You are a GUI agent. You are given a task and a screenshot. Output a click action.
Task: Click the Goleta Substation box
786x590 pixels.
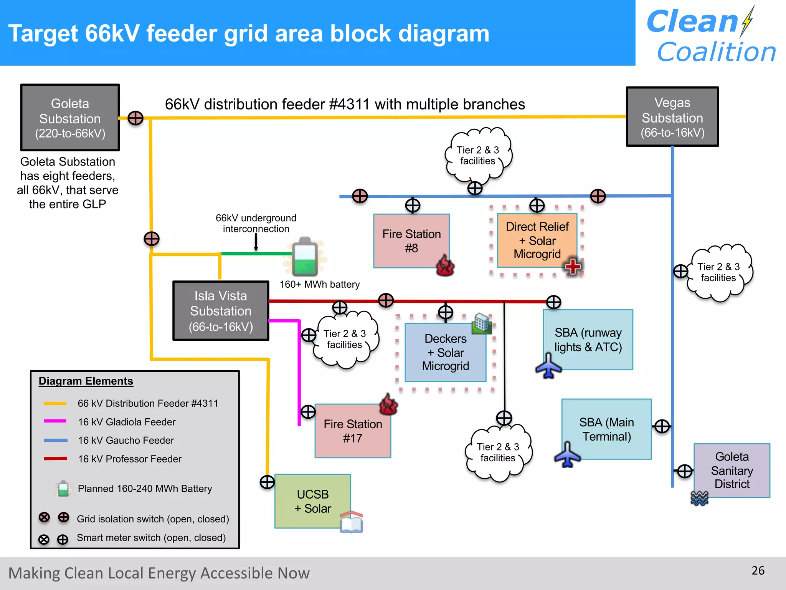pyautogui.click(x=70, y=118)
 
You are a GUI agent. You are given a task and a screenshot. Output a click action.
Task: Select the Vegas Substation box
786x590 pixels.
pyautogui.click(x=672, y=117)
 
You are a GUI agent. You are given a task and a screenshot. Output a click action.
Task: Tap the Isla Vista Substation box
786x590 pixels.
pyautogui.click(x=221, y=311)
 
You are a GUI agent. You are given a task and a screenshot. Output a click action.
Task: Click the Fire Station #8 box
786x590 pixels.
pyautogui.click(x=411, y=240)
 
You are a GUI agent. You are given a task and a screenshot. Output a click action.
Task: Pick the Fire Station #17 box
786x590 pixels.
pyautogui.click(x=352, y=431)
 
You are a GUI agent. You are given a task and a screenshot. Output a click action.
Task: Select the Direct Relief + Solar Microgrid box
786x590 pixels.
pyautogui.click(x=537, y=240)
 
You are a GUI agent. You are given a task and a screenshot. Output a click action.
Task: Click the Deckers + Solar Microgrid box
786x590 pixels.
pyautogui.click(x=445, y=352)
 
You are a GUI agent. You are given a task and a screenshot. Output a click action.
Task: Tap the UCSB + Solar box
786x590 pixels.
pyautogui.click(x=312, y=501)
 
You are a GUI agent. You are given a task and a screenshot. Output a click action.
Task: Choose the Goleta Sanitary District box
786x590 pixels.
pyautogui.click(x=732, y=470)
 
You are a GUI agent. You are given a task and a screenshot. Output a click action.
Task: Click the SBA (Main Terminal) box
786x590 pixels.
pyautogui.click(x=606, y=429)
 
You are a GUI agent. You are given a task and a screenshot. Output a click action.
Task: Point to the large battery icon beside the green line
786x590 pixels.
pyautogui.click(x=305, y=257)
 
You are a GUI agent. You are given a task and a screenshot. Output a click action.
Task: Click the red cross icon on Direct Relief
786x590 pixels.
pyautogui.click(x=573, y=266)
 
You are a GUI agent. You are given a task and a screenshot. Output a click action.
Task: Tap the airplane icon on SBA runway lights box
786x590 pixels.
pyautogui.click(x=548, y=366)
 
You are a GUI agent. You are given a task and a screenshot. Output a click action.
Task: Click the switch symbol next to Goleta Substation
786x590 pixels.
pyautogui.click(x=135, y=118)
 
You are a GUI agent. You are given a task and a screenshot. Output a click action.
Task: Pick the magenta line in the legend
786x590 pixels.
pyautogui.click(x=55, y=421)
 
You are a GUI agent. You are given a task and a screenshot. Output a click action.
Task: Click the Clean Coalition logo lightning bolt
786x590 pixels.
pyautogui.click(x=747, y=22)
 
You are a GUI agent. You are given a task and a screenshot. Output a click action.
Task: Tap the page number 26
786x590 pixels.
pyautogui.click(x=758, y=570)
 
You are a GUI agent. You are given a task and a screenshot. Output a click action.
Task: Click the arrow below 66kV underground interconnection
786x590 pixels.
pyautogui.click(x=256, y=242)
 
